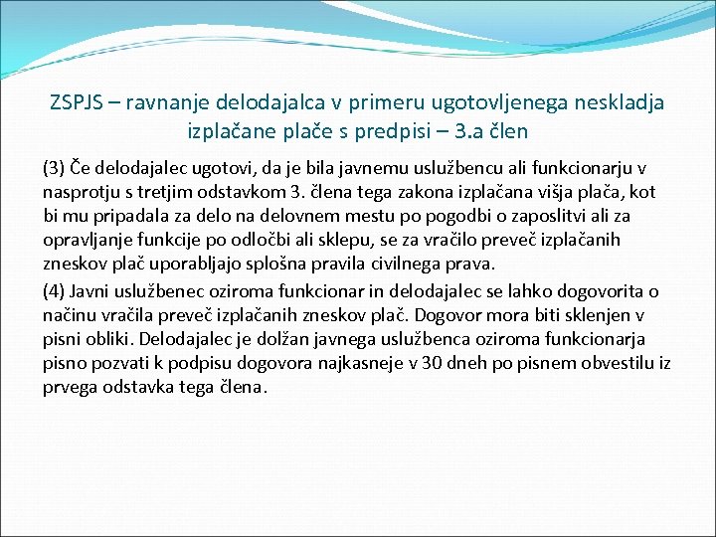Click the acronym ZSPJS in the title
coord(77,102)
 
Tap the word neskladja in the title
coord(624,102)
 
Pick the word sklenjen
coord(618,316)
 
